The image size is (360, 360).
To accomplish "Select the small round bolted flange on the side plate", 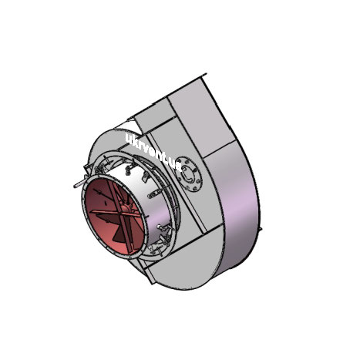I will pyautogui.click(x=190, y=173).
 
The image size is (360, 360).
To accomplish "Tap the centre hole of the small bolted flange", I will pyautogui.click(x=190, y=173).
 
